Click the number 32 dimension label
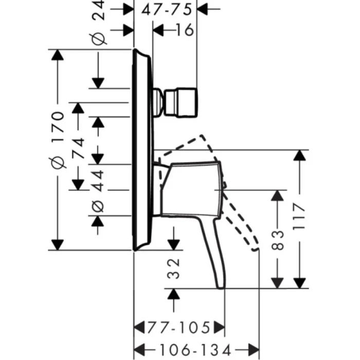[x=174, y=268]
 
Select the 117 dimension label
[x=299, y=219]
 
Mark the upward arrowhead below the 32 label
[x=174, y=295]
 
